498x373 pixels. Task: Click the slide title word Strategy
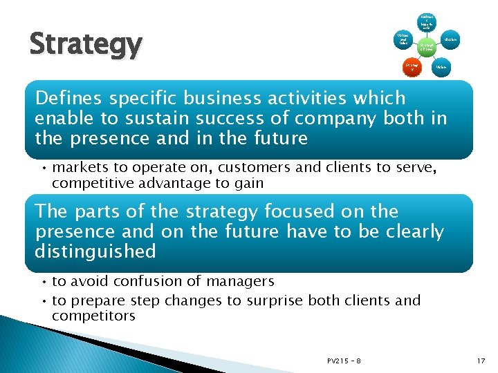point(86,45)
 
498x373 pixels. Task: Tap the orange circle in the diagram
point(411,68)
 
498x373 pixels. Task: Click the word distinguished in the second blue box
point(95,251)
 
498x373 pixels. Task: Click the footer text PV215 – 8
point(344,360)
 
